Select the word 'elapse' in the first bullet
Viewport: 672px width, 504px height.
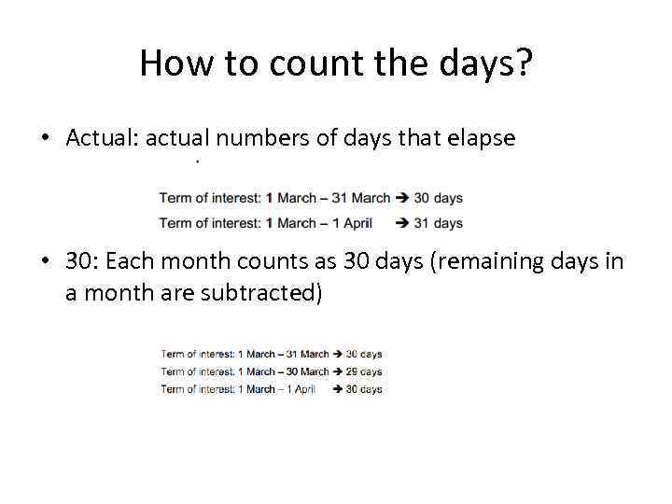[x=482, y=138]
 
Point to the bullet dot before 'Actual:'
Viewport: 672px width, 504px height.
[x=45, y=139]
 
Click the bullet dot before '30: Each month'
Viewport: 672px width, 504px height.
[x=45, y=262]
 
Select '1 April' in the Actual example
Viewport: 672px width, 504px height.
[x=352, y=223]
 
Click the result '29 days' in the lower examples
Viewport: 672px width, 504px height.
[x=364, y=371]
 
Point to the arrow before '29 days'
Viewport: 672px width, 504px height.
[x=338, y=371]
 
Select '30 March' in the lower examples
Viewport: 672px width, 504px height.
[x=308, y=371]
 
